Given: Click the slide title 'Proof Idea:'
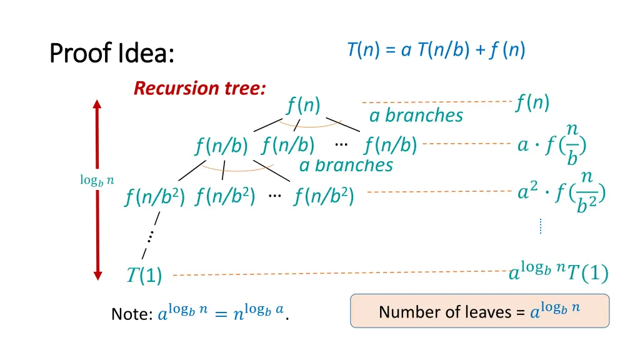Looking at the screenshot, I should (111, 53).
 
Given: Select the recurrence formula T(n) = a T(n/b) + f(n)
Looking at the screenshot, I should (436, 50).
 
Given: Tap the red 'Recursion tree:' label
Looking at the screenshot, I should (199, 88).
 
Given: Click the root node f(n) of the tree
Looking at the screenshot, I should (304, 106).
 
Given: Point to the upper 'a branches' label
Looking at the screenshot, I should (416, 116).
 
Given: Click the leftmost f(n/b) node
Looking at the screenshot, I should (221, 146).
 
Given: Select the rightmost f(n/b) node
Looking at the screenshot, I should (391, 146).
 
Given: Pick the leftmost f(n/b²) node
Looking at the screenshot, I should (154, 197).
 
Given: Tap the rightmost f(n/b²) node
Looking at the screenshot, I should (324, 197).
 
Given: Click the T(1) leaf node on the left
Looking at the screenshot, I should (144, 275).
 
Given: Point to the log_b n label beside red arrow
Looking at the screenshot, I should (97, 180).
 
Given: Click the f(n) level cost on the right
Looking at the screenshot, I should (532, 101).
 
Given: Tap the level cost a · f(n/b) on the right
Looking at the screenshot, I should (552, 145).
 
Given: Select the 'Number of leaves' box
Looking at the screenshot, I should (479, 311).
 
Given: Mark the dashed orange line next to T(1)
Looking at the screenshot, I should (341, 273).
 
